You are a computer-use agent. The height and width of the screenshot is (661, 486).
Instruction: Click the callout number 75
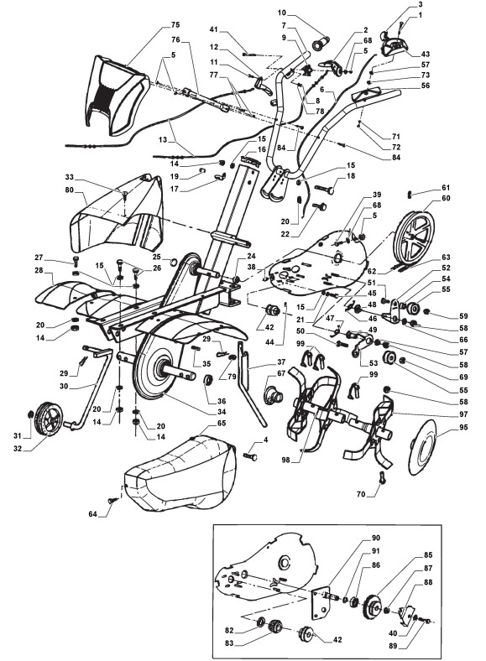click(175, 26)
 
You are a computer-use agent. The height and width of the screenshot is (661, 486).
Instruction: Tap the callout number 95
click(463, 428)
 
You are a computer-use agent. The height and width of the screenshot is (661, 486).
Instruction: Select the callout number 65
click(221, 423)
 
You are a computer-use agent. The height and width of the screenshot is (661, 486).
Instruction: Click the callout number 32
click(18, 449)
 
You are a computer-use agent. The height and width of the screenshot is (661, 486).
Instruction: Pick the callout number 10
click(282, 13)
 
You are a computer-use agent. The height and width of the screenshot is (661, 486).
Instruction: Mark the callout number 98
click(286, 460)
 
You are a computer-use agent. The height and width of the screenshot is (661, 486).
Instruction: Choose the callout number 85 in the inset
click(428, 554)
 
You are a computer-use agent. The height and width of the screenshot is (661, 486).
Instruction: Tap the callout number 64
click(93, 514)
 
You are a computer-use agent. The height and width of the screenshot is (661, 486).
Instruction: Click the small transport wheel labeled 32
click(48, 419)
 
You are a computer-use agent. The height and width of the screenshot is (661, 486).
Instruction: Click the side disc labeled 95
click(424, 448)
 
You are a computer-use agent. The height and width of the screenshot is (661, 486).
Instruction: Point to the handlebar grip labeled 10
click(321, 43)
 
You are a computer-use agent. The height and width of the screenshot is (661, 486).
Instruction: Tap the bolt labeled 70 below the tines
click(383, 477)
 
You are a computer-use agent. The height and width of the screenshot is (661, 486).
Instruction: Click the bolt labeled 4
click(251, 456)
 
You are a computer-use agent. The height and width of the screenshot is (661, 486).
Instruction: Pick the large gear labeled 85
click(372, 607)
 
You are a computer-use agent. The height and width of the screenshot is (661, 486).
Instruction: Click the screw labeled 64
click(113, 500)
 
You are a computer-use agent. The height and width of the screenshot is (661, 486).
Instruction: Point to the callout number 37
click(281, 362)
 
